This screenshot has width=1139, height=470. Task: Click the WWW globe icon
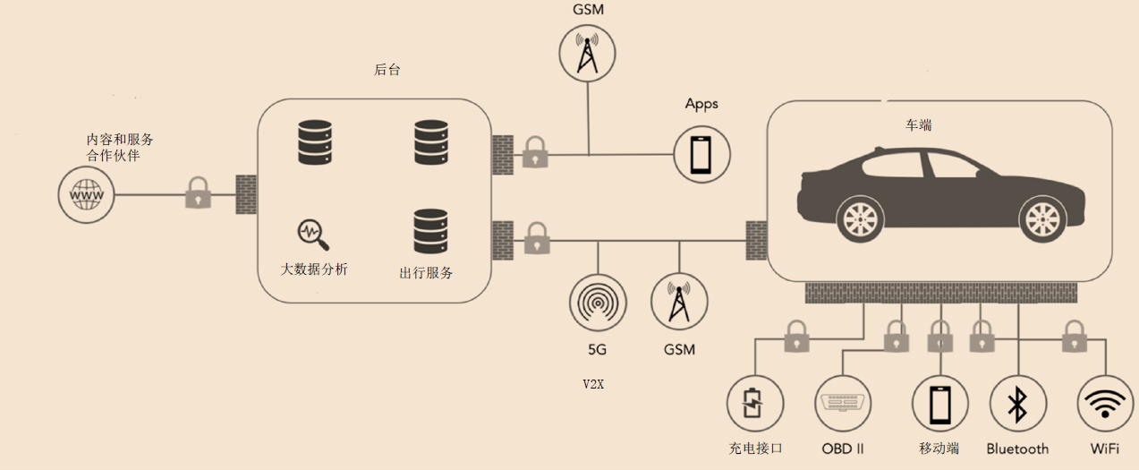(x=87, y=194)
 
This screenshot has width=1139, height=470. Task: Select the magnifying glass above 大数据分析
(x=312, y=234)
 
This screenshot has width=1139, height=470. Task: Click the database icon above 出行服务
(x=430, y=231)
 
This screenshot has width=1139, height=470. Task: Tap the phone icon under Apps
(x=701, y=154)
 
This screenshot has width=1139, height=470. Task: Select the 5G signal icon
(x=597, y=303)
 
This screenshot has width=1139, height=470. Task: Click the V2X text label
(x=593, y=384)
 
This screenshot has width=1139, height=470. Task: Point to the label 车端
(x=918, y=125)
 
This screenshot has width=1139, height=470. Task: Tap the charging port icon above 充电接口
(x=754, y=405)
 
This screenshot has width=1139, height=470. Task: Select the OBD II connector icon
(x=843, y=405)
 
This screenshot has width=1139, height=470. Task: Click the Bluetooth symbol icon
(x=1017, y=405)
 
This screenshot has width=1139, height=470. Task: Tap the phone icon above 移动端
(x=939, y=405)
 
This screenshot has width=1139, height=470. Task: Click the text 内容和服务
(x=120, y=140)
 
